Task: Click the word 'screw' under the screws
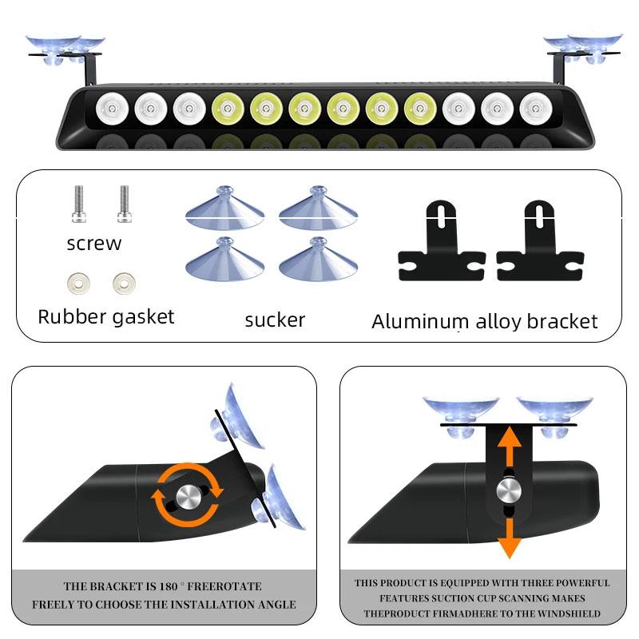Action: (94, 244)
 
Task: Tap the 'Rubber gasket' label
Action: (105, 316)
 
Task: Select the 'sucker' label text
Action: (275, 320)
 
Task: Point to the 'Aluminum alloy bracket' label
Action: (484, 322)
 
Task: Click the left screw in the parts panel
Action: (77, 205)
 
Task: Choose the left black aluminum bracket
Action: (442, 243)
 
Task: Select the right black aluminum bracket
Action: (540, 243)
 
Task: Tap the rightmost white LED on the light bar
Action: (534, 109)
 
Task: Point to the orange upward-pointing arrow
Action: (508, 443)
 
